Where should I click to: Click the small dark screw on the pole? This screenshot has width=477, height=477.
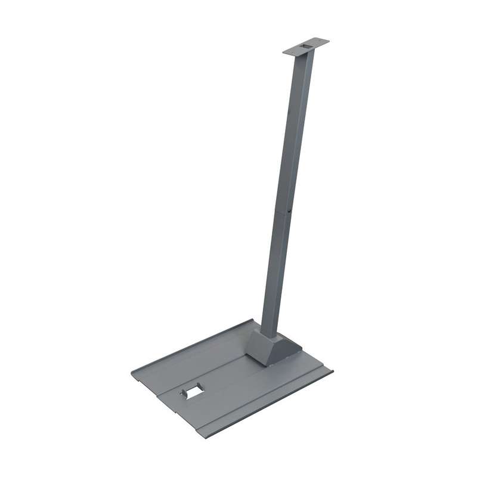[x=289, y=210]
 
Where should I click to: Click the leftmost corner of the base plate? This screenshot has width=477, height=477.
[x=132, y=374]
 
